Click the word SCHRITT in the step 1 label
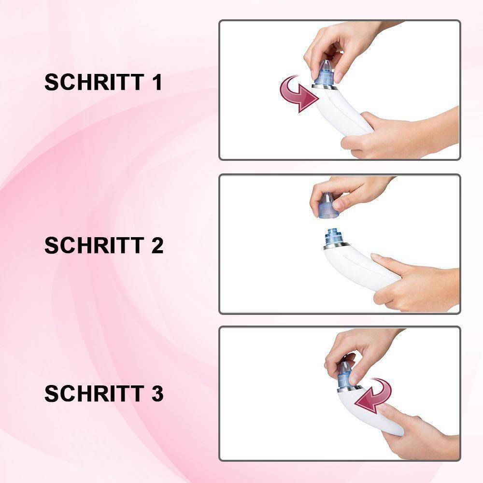click(x=94, y=82)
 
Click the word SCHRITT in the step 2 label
click(x=94, y=245)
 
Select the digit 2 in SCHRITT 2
click(x=157, y=245)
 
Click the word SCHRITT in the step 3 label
click(x=94, y=393)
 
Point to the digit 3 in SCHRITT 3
click(x=157, y=393)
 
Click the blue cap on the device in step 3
click(x=346, y=374)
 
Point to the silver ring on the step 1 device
click(x=325, y=87)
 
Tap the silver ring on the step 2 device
click(x=336, y=246)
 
